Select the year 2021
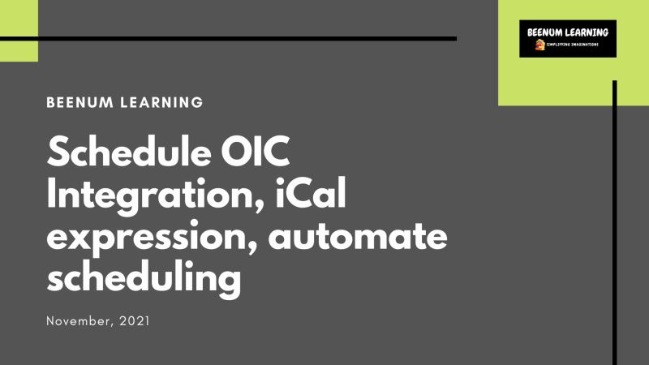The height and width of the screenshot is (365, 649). pos(134,322)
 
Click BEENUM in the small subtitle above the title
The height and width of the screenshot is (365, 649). pos(80,103)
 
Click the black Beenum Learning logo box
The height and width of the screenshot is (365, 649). pos(568,38)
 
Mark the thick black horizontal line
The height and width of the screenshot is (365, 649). pos(243,38)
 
